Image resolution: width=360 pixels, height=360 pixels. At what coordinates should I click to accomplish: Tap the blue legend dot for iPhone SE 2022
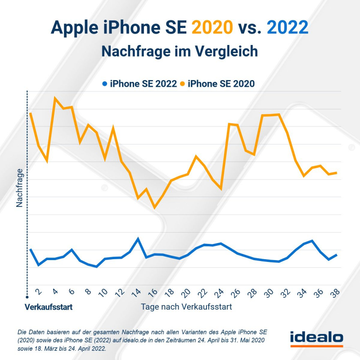(x=105, y=83)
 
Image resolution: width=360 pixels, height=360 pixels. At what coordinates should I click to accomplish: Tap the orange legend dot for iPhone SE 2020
(x=183, y=83)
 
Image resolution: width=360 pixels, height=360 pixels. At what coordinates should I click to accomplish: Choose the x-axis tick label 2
(x=39, y=292)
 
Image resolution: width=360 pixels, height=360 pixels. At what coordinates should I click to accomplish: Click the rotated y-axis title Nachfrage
(x=20, y=188)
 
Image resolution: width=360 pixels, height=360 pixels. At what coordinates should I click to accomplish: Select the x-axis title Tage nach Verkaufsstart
(x=186, y=307)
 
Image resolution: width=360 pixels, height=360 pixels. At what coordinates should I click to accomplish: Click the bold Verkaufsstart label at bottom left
(x=49, y=308)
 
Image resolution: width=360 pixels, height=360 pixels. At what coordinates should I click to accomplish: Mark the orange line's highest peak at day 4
(x=55, y=98)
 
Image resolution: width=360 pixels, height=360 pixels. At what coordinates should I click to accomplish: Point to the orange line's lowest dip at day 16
(x=154, y=207)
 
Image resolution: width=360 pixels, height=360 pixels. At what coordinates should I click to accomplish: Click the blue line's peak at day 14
(x=138, y=238)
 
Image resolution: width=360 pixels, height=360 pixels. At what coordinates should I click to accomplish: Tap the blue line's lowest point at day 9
(x=97, y=266)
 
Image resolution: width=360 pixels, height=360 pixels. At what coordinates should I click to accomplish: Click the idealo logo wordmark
(x=316, y=337)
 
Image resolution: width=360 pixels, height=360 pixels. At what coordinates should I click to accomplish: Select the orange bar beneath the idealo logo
(x=316, y=346)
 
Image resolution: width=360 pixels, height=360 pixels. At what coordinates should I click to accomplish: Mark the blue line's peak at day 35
(x=312, y=241)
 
